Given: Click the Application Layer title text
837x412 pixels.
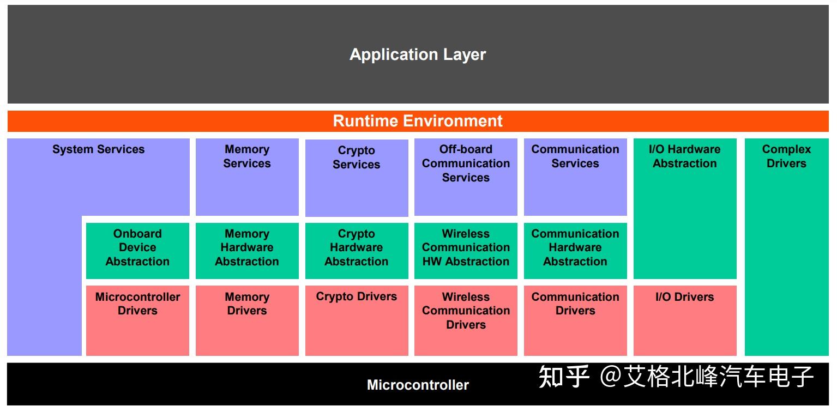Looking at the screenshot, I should (417, 54).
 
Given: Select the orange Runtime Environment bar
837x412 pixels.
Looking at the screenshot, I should (417, 121).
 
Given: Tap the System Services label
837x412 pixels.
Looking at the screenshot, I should (98, 149).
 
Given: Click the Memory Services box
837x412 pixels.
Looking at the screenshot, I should (247, 177).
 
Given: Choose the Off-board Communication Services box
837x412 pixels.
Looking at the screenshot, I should (466, 177).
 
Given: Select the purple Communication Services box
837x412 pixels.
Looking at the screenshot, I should (575, 177).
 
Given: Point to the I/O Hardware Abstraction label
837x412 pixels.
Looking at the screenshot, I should (684, 156).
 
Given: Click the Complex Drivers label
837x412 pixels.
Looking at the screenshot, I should (786, 156).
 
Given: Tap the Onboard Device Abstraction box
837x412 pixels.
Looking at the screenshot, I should (137, 250).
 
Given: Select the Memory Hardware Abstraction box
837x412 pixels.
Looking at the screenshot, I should (247, 250).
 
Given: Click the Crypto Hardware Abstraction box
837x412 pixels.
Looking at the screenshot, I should (357, 250).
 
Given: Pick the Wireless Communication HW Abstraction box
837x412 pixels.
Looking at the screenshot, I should (466, 250).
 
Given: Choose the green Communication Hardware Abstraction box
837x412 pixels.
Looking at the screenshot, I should (575, 250).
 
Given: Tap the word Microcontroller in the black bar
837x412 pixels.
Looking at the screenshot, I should (418, 385).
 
